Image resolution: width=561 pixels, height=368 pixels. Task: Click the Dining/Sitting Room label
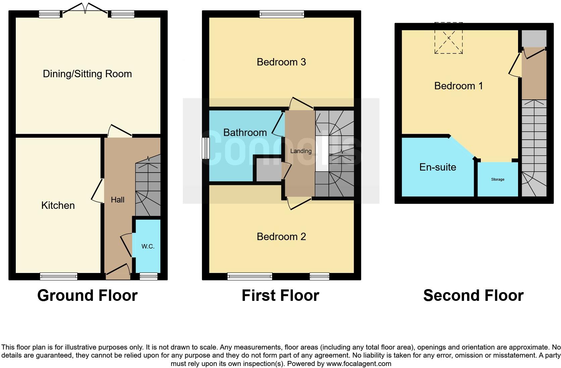(87, 74)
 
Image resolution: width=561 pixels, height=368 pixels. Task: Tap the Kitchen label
(58, 205)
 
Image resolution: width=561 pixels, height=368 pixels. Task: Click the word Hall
(117, 200)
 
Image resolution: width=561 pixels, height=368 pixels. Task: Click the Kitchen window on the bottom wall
(59, 276)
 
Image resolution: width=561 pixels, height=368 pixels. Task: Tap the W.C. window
(148, 276)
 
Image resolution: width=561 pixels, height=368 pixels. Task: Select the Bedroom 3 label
(281, 62)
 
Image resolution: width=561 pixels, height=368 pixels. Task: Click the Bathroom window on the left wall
(205, 148)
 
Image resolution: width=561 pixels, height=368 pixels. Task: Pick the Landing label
(301, 151)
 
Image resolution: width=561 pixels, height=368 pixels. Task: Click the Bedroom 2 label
(281, 237)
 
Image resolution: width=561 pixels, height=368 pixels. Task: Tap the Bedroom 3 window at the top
(282, 14)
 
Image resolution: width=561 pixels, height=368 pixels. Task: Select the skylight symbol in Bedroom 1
(449, 38)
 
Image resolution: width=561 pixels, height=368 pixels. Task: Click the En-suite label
(438, 167)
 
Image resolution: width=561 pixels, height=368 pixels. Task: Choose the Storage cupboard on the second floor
(498, 180)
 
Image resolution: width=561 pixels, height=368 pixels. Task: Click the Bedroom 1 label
(458, 86)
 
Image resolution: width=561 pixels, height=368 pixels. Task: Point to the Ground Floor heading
(87, 295)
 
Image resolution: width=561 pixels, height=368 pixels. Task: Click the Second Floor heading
(473, 295)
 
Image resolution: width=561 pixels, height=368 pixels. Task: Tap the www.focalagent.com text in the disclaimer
(358, 363)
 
